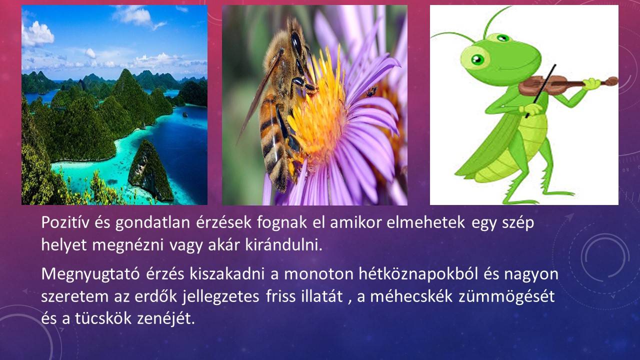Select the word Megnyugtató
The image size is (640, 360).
pyautogui.click(x=90, y=274)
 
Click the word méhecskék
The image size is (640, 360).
pyautogui.click(x=411, y=296)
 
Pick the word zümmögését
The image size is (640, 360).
pyautogui.click(x=506, y=296)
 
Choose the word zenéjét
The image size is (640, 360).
pyautogui.click(x=166, y=319)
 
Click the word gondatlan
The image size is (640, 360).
pyautogui.click(x=153, y=223)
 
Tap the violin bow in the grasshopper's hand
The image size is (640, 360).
pyautogui.click(x=541, y=91)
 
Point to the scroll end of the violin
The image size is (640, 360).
pyautogui.click(x=611, y=81)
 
